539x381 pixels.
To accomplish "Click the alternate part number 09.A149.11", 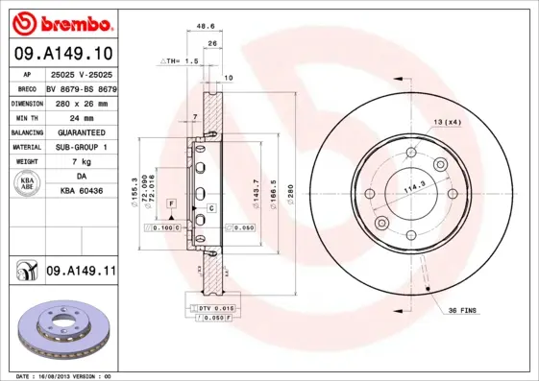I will (x=81, y=273).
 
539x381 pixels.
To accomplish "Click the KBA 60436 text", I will (x=81, y=193).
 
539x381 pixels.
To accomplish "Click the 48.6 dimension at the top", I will (x=205, y=28).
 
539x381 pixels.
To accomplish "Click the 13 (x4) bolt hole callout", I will (x=447, y=122).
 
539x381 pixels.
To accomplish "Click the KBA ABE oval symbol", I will (x=27, y=184).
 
